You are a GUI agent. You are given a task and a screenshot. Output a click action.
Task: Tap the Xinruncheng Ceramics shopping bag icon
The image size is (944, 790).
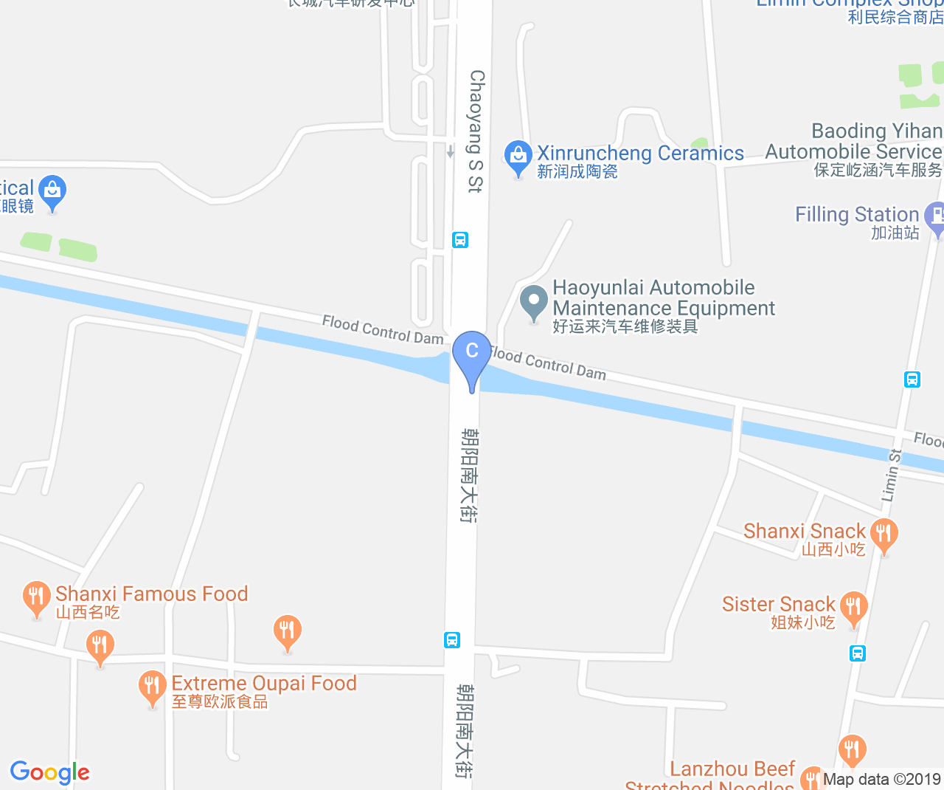click(x=518, y=157)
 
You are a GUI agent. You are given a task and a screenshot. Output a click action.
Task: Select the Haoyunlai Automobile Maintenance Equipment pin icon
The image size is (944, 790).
click(x=533, y=303)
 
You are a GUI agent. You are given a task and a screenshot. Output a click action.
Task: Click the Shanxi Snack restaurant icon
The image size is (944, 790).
click(x=884, y=533)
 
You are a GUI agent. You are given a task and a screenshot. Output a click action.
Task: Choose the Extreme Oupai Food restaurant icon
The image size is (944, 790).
click(x=152, y=687)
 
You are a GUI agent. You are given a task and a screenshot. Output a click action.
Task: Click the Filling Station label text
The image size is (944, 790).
click(x=857, y=215)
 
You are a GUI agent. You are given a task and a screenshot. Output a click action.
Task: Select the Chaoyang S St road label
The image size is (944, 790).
click(x=476, y=131)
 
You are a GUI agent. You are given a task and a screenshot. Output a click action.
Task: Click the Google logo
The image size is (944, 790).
click(x=50, y=772)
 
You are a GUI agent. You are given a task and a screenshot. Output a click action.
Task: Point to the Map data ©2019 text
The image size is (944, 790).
click(x=881, y=779)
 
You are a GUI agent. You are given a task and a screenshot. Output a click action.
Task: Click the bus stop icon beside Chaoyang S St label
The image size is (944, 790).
click(x=460, y=240)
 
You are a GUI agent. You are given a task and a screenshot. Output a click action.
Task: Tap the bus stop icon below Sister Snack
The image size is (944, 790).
click(x=857, y=653)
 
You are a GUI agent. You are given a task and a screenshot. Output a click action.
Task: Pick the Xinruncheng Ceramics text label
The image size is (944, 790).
click(x=640, y=154)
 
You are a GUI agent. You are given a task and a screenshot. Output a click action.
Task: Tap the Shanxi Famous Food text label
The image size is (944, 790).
click(x=151, y=594)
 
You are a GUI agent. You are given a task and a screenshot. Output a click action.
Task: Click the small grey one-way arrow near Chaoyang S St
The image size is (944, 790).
click(x=450, y=151)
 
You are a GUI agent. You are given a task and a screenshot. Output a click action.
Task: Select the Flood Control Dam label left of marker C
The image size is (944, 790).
click(x=382, y=330)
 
